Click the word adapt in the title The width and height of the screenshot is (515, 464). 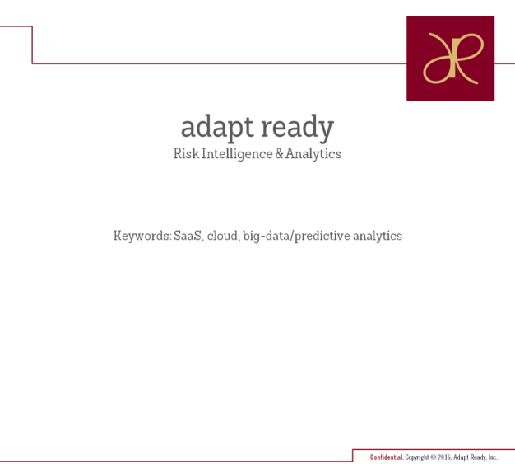(217, 128)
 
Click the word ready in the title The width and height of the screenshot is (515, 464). (298, 128)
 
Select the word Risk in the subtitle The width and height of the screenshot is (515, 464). (186, 153)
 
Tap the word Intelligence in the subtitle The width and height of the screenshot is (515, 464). (237, 154)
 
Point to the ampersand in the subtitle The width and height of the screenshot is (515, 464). (279, 153)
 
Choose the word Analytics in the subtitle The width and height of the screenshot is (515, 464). (313, 154)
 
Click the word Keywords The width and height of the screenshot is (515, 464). (142, 236)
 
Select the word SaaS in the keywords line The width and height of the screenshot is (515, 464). (188, 236)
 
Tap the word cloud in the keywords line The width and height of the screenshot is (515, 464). (223, 236)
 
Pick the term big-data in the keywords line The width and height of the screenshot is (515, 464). (267, 237)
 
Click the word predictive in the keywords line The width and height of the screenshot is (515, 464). (322, 237)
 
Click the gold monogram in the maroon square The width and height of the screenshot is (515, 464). (453, 59)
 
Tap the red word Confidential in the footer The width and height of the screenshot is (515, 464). (387, 457)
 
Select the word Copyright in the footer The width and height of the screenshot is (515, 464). (417, 457)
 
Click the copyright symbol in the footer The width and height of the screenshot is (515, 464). (434, 457)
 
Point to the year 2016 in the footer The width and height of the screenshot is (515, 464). (444, 457)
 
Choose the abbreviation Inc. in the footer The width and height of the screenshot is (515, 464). (493, 457)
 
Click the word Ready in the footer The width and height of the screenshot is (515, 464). (479, 457)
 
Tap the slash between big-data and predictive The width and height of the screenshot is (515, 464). (292, 237)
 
